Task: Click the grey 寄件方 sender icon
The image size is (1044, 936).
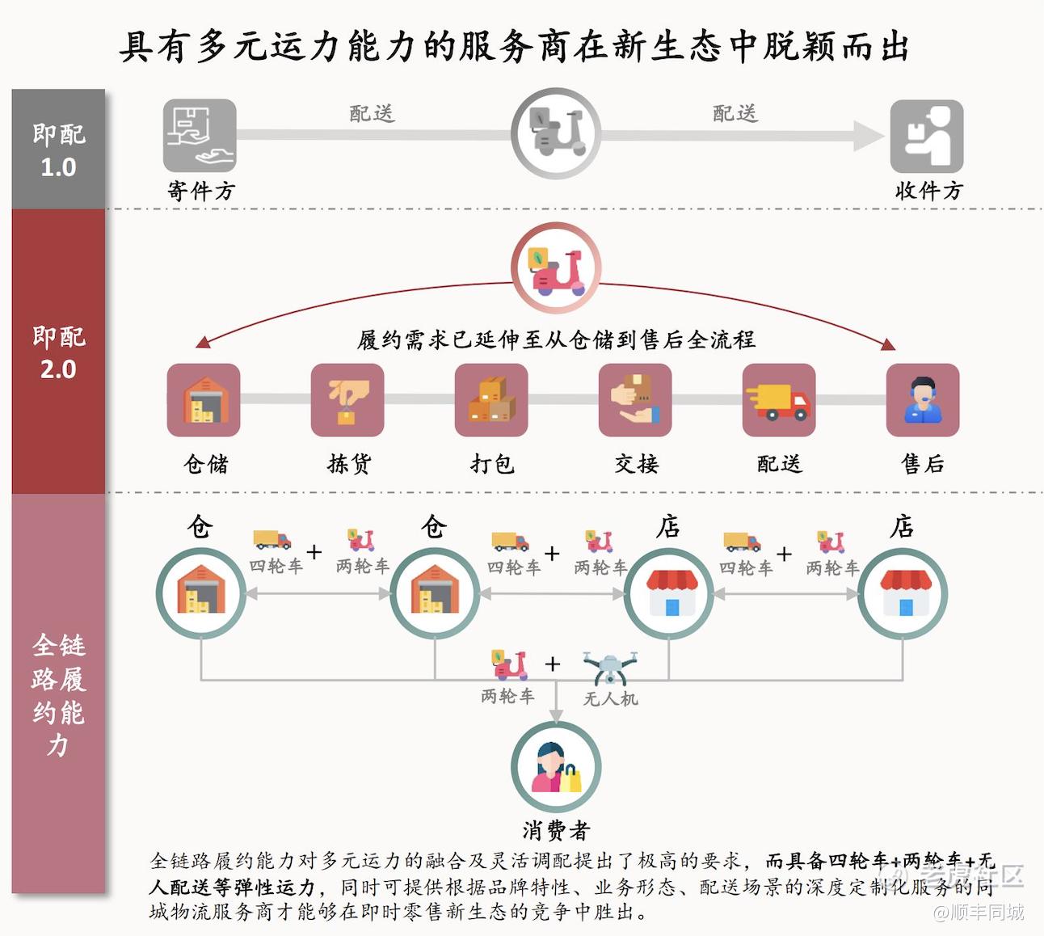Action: pyautogui.click(x=200, y=136)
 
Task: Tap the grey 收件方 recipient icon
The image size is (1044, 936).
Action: pyautogui.click(x=927, y=136)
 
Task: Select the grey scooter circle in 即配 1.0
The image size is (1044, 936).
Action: pyautogui.click(x=556, y=133)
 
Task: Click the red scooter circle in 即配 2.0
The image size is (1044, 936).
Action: pyautogui.click(x=556, y=268)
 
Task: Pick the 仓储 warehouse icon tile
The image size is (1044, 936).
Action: pyautogui.click(x=204, y=400)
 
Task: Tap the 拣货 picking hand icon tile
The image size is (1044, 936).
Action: pyautogui.click(x=347, y=400)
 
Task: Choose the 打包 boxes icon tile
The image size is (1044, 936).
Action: pyautogui.click(x=491, y=400)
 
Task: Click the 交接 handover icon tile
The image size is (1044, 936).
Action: pyautogui.click(x=635, y=400)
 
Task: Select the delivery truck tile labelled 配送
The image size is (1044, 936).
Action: pyautogui.click(x=779, y=400)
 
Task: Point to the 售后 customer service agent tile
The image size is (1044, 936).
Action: pyautogui.click(x=923, y=400)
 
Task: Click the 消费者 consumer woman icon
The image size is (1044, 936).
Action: pyautogui.click(x=556, y=767)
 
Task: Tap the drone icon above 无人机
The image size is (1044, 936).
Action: pyautogui.click(x=610, y=667)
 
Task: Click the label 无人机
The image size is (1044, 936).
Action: pyautogui.click(x=611, y=699)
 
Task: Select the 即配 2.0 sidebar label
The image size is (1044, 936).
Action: pyautogui.click(x=59, y=352)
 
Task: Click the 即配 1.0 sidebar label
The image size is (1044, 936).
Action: pyautogui.click(x=59, y=150)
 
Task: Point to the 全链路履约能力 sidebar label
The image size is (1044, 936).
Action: pyautogui.click(x=59, y=695)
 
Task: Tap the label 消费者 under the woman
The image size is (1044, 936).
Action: pyautogui.click(x=556, y=830)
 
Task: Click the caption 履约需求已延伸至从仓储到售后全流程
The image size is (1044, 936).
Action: pyautogui.click(x=556, y=340)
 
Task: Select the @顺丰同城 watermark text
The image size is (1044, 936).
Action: pyautogui.click(x=978, y=912)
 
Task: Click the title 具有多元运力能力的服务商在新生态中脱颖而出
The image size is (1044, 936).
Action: pyautogui.click(x=514, y=46)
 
